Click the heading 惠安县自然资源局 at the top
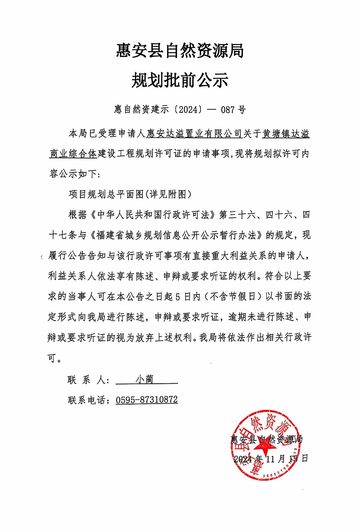(x=180, y=51)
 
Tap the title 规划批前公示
(x=180, y=80)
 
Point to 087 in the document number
(x=228, y=109)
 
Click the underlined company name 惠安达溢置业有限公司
(x=194, y=133)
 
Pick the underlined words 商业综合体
(x=73, y=154)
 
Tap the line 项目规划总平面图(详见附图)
(x=130, y=195)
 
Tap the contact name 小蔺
(x=144, y=379)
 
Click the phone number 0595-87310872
(x=147, y=400)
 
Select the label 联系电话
(x=88, y=400)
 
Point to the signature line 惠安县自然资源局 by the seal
(x=267, y=439)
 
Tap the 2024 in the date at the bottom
(x=243, y=458)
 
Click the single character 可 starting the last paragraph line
(x=52, y=358)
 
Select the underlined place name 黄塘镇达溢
(x=286, y=133)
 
